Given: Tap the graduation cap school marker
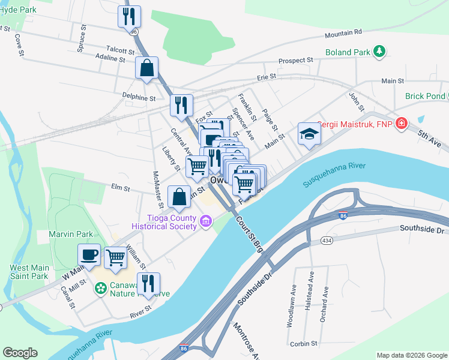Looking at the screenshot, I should click(x=309, y=133).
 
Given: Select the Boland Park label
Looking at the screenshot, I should click(x=348, y=52).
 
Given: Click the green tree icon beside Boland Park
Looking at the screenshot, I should click(x=379, y=52).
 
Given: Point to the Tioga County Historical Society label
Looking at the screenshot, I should click(x=171, y=221).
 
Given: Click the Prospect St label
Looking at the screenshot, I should click(x=297, y=61).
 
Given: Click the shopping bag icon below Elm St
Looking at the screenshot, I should click(x=179, y=196).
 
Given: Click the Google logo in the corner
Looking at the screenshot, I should click(x=20, y=353).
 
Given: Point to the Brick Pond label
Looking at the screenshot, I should click(x=425, y=96).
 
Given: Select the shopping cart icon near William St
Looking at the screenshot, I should click(x=116, y=257).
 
